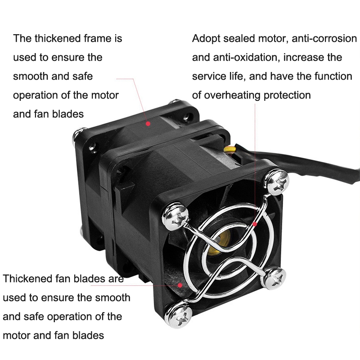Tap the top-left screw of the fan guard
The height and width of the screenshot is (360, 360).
point(175,217)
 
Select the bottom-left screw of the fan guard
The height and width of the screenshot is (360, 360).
point(181,313)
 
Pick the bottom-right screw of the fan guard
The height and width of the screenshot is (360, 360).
point(274,278)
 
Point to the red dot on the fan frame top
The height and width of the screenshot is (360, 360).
point(148,124)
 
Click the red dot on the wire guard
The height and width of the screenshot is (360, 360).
point(255,224)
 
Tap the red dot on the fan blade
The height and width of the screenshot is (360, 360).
point(180,285)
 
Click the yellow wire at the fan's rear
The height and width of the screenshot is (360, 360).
point(230,150)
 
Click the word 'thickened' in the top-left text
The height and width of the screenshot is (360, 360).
point(58,38)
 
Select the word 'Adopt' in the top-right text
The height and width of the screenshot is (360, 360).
point(206,39)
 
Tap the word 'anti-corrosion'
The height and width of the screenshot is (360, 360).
point(324,38)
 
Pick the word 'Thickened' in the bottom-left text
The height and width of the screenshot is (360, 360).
point(27,279)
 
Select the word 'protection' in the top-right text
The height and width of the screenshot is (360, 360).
point(287,95)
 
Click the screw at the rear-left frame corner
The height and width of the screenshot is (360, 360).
point(76,135)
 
